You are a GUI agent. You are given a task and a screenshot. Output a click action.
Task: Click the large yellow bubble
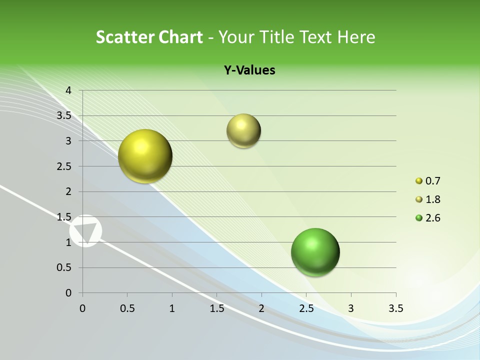pos(145,156)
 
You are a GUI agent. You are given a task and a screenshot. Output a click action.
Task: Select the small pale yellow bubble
pos(243,131)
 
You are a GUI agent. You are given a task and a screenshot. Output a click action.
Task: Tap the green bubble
pos(315,252)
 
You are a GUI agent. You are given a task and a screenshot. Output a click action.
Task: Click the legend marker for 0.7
pos(419,181)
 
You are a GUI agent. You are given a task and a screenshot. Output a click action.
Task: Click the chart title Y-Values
pos(249,70)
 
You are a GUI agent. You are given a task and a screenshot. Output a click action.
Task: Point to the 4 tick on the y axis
pos(69,90)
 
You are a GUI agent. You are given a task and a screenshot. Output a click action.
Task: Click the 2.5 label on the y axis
pos(64,166)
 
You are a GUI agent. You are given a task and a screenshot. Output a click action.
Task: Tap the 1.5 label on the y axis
pos(64,216)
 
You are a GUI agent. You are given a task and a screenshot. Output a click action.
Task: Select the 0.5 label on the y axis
pos(64,267)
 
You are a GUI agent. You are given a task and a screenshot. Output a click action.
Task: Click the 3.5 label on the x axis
pos(395,308)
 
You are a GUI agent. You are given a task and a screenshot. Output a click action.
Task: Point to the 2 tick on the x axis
pos(261,308)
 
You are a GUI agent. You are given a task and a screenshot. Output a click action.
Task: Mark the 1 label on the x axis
pos(172,308)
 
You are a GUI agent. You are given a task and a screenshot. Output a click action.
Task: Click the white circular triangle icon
pos(85,231)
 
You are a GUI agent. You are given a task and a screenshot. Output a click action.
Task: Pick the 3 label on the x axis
pos(351,308)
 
